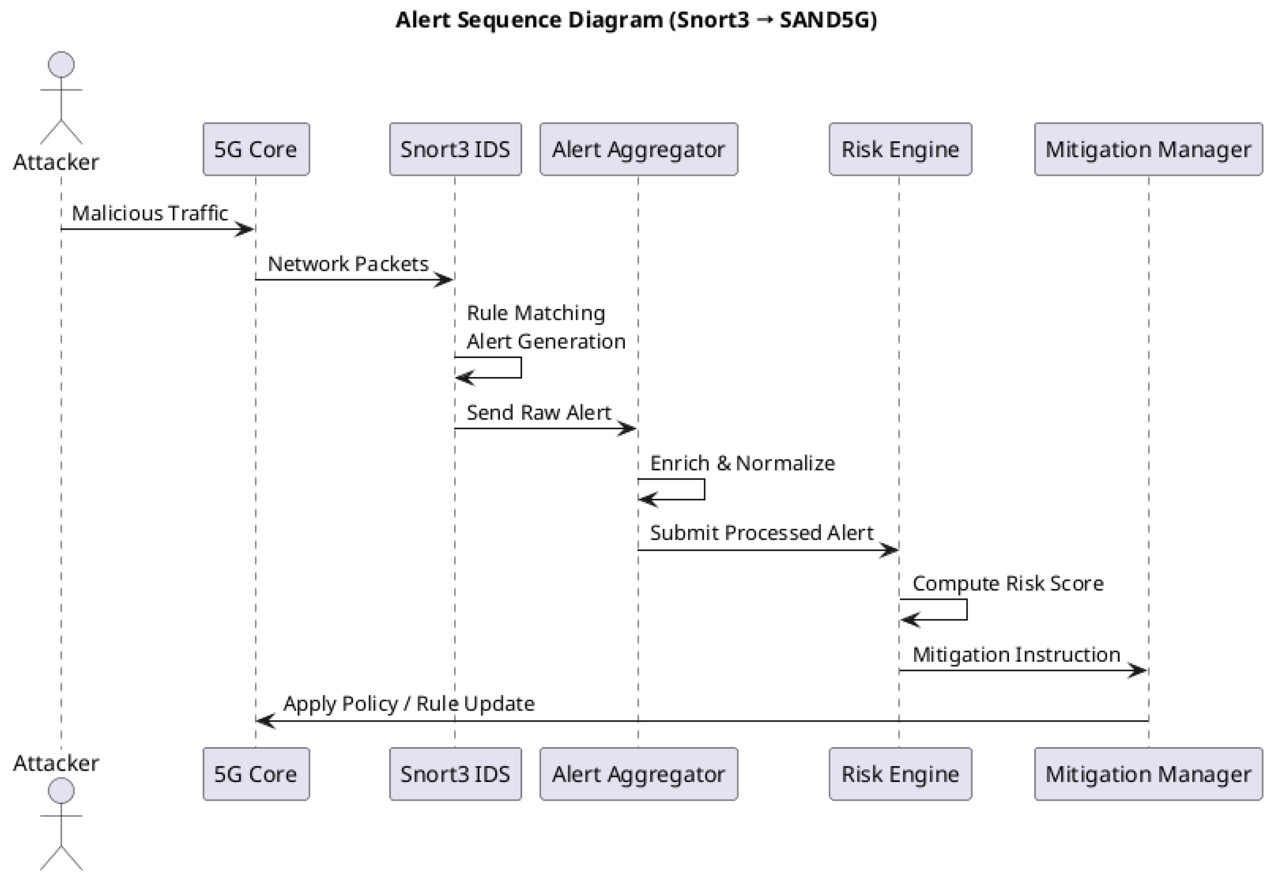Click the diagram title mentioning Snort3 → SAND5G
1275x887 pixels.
[x=636, y=20]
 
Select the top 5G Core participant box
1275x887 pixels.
[x=256, y=149]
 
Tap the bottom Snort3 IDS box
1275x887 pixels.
[x=455, y=774]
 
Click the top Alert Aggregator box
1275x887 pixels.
[x=639, y=149]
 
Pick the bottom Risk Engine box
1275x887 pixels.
[x=900, y=774]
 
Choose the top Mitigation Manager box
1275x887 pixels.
[x=1148, y=149]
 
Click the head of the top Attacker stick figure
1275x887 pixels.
[x=61, y=64]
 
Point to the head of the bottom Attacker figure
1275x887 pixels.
[x=61, y=790]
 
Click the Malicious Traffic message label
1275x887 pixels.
[x=150, y=213]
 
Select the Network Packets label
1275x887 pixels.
[x=348, y=264]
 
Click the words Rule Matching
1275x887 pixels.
[x=536, y=313]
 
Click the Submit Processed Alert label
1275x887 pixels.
[x=761, y=533]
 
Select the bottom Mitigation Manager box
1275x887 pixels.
[x=1148, y=774]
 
